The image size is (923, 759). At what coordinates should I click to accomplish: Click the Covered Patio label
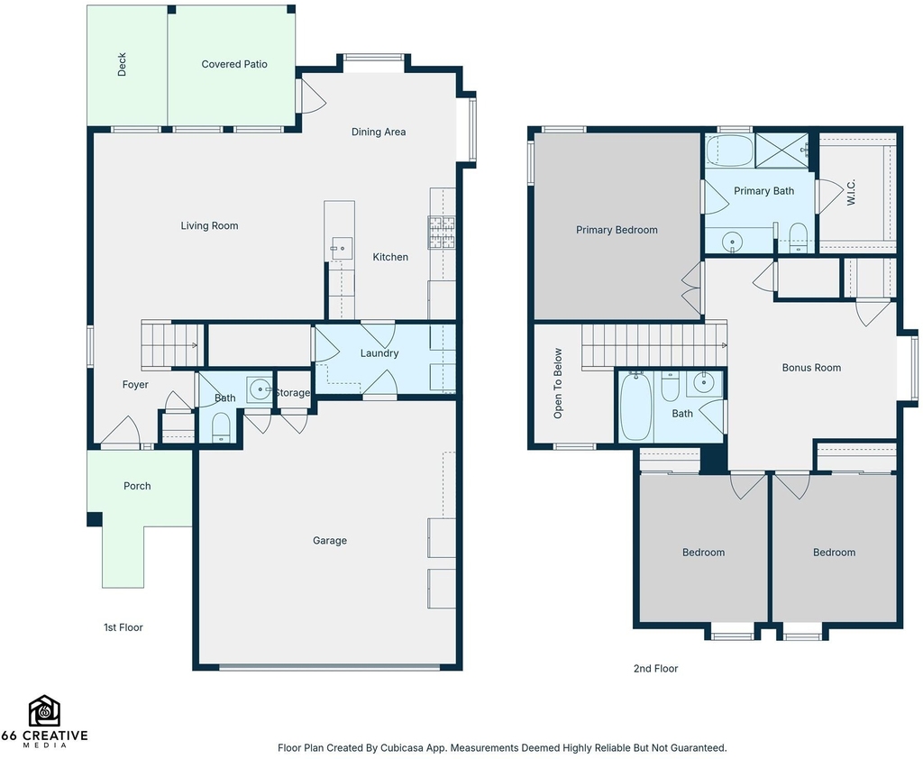coord(234,64)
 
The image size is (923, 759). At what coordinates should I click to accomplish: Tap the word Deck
coord(122,65)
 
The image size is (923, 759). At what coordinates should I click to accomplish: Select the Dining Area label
coord(379,132)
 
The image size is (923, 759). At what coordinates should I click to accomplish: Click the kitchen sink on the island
coord(342,249)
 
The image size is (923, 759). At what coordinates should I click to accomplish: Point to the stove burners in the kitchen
coord(442,232)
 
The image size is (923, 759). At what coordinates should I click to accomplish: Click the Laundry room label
coord(379,353)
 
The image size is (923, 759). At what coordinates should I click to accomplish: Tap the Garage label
coord(330,541)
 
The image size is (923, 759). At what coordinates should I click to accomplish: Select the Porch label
coord(137,486)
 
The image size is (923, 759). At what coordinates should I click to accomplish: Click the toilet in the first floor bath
coord(220,427)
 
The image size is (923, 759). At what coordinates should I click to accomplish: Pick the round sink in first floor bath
coord(260,389)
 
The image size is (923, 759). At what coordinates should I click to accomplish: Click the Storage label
coord(293,393)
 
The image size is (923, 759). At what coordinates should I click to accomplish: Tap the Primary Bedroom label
coord(617,230)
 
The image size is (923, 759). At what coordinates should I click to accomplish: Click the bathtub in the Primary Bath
coord(730,151)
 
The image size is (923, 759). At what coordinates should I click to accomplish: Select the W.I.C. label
coord(851,192)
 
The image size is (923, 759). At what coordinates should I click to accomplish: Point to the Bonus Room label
coord(811,368)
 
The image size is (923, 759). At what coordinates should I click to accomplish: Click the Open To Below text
coord(558,383)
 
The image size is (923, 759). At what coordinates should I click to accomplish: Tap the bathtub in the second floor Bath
coord(635,406)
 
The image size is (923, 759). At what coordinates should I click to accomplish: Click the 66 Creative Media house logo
coord(45,710)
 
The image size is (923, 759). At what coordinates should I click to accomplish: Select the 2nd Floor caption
coord(656,668)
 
